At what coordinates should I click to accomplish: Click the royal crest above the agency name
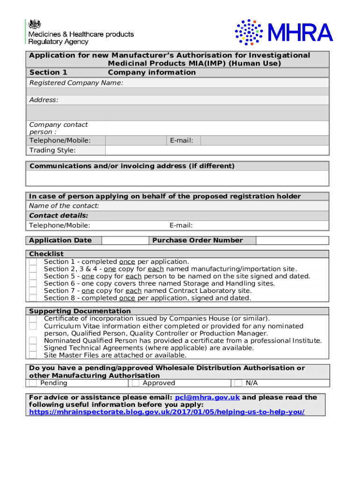(35, 24)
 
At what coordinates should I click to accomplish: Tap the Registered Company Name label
(76, 83)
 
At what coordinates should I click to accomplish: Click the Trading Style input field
(217, 150)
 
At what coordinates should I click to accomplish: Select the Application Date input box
(125, 240)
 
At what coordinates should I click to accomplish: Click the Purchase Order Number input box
(292, 240)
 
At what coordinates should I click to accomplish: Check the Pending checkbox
(33, 383)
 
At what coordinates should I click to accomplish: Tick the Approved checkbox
(135, 383)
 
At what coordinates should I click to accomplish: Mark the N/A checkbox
(238, 383)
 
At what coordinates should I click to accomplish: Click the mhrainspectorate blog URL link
(166, 412)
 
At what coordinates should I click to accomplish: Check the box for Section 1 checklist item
(33, 262)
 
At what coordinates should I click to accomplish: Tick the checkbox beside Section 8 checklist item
(33, 298)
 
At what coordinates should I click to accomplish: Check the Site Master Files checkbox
(33, 355)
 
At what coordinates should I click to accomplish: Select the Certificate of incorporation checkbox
(33, 319)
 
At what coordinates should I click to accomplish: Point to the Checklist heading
(46, 254)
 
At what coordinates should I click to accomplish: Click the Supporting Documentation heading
(80, 311)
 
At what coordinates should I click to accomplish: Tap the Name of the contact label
(64, 206)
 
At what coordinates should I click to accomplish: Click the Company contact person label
(58, 128)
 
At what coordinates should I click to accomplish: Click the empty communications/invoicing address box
(177, 178)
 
